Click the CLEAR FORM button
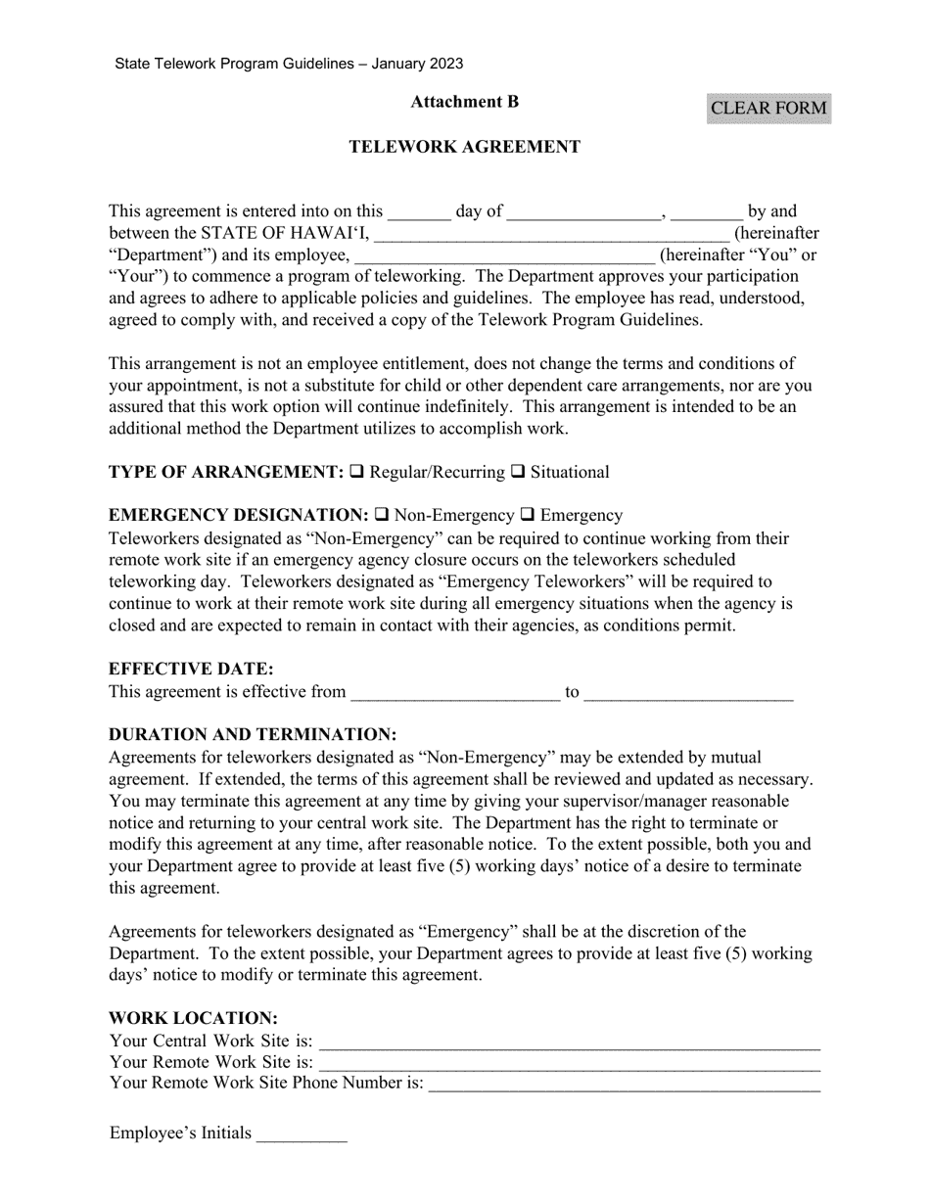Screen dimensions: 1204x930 click(x=768, y=108)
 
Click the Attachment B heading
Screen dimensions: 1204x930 click(x=464, y=102)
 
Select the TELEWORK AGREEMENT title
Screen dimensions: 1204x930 click(x=464, y=147)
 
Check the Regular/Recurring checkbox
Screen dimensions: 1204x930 click(x=357, y=472)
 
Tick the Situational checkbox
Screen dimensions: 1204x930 click(x=518, y=472)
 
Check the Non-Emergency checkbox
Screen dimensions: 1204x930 click(x=382, y=515)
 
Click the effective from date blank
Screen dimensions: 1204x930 click(x=455, y=692)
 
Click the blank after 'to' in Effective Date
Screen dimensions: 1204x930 click(x=687, y=692)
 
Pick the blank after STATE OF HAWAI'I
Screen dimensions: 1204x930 click(x=551, y=233)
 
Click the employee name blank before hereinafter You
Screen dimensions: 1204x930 click(x=504, y=255)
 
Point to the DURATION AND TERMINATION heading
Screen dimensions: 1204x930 click(x=253, y=734)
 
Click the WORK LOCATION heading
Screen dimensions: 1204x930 click(x=193, y=1018)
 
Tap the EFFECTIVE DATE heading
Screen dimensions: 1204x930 click(x=191, y=670)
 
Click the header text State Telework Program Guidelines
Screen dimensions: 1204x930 click(x=289, y=64)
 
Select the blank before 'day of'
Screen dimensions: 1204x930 click(x=419, y=210)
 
